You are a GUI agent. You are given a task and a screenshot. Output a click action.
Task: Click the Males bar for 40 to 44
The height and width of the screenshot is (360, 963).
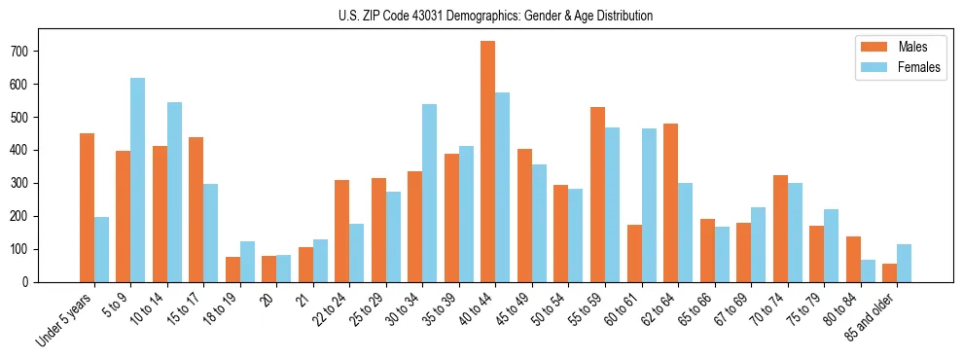(x=488, y=162)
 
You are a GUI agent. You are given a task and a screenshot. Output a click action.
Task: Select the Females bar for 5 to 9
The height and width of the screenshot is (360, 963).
(x=137, y=180)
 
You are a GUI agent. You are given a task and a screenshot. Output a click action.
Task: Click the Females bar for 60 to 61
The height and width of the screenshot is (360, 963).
(x=649, y=205)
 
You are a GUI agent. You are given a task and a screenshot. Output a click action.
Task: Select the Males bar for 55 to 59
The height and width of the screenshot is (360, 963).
(x=597, y=195)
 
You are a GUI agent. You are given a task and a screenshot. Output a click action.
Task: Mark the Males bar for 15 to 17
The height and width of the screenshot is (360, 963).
(x=196, y=209)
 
